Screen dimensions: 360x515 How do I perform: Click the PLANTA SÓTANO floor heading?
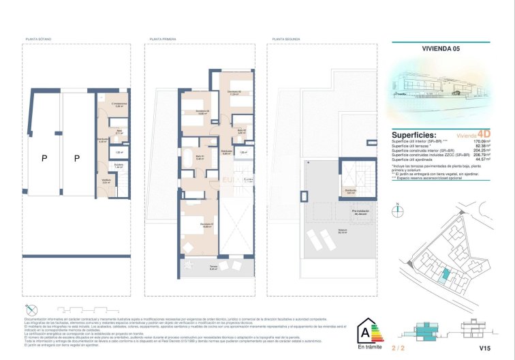pyautogui.click(x=40, y=40)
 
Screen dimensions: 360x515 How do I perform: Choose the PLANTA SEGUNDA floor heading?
pyautogui.click(x=287, y=40)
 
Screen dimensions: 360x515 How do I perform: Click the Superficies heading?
pyautogui.click(x=414, y=135)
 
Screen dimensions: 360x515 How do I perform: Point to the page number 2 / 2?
pyautogui.click(x=399, y=348)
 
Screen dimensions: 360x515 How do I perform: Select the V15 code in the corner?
pyautogui.click(x=484, y=348)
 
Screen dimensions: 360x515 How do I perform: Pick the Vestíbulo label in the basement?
pyautogui.click(x=106, y=181)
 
